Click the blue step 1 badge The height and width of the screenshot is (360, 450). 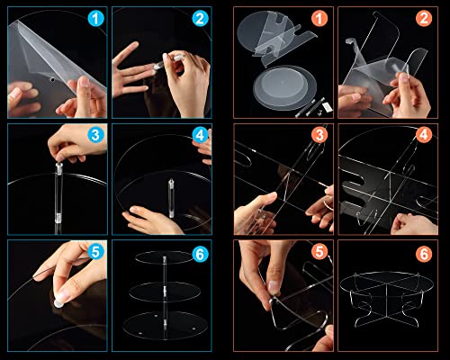95,19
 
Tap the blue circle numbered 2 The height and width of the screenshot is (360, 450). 200,19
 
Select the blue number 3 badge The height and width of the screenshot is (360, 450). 95,135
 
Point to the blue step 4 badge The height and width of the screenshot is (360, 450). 200,135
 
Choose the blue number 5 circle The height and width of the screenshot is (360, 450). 95,251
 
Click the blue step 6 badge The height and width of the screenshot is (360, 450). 200,254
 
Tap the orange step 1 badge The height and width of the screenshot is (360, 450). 319,19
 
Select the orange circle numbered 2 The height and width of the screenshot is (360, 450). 424,19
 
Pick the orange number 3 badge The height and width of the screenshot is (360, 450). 319,135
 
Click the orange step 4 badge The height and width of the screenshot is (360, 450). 424,135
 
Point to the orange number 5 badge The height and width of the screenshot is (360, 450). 319,251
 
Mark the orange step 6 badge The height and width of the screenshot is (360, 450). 424,254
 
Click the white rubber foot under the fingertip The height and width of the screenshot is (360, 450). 58,303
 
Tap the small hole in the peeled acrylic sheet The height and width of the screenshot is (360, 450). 52,80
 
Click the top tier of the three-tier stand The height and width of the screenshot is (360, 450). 164,257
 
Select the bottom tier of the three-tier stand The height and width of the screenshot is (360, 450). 165,326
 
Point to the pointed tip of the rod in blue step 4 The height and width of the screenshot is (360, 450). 171,179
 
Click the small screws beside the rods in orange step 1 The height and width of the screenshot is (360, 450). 319,112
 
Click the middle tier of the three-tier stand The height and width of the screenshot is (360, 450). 165,292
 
